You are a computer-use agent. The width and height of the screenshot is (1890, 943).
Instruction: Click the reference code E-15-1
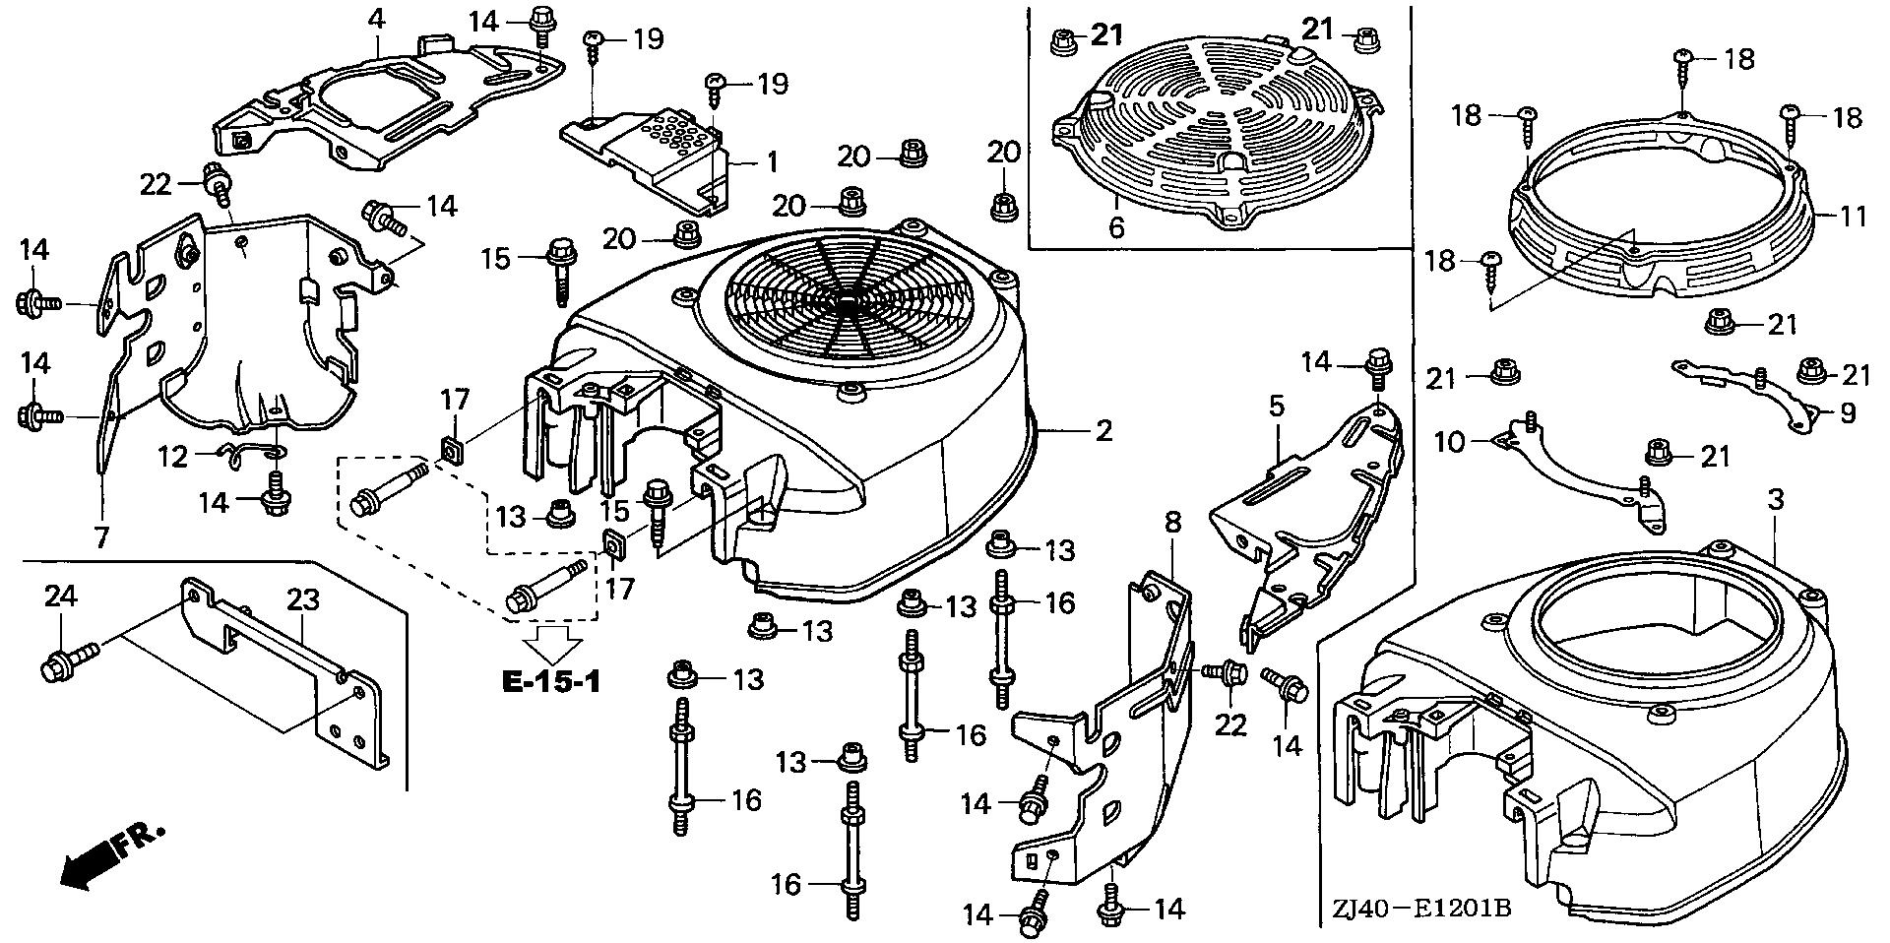pyautogui.click(x=551, y=681)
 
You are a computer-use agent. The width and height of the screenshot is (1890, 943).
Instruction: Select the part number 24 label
pyautogui.click(x=60, y=597)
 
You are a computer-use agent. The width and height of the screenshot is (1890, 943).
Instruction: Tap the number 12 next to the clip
pyautogui.click(x=173, y=457)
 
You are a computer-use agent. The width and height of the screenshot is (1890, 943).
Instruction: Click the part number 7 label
pyautogui.click(x=101, y=537)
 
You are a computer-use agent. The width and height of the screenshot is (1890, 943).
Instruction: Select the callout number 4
pyautogui.click(x=376, y=18)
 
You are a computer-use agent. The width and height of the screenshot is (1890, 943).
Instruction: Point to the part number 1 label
pyautogui.click(x=773, y=160)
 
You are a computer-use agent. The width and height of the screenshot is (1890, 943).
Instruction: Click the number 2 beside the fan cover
pyautogui.click(x=1103, y=430)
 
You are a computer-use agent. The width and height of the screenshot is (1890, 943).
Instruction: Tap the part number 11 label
pyautogui.click(x=1854, y=216)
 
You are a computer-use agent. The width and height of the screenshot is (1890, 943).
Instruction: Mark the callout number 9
pyautogui.click(x=1848, y=413)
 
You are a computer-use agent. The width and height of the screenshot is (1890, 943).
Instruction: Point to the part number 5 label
pyautogui.click(x=1277, y=407)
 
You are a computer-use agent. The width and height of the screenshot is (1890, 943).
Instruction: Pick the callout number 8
pyautogui.click(x=1172, y=523)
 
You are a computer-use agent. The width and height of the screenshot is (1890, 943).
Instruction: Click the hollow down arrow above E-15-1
pyautogui.click(x=551, y=643)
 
